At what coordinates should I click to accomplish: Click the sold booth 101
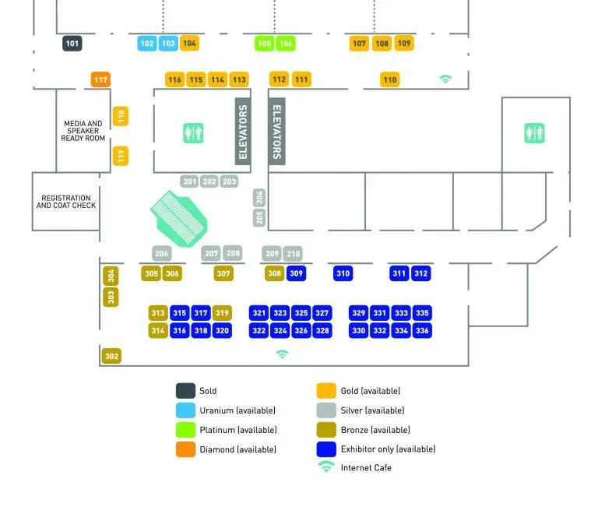coord(72,44)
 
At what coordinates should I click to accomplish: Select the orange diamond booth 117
coord(100,79)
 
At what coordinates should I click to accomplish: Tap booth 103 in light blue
coord(168,44)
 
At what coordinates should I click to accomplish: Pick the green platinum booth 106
coord(286,44)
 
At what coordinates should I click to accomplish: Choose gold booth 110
coord(390,79)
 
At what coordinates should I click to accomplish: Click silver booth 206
coord(161,253)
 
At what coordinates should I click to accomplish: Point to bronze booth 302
coord(111,357)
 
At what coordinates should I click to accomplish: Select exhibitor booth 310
coord(343,273)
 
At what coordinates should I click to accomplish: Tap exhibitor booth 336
coord(422,330)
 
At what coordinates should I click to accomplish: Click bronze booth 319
coord(222,313)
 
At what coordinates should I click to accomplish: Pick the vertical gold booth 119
coord(121,157)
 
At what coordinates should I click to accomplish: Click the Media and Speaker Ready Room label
coord(83,131)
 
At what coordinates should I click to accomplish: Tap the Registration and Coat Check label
coord(66,202)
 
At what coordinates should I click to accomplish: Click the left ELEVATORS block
coord(243,132)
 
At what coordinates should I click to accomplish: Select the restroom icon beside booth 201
coord(193,133)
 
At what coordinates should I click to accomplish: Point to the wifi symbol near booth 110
coord(445,79)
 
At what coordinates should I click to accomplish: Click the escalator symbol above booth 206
coord(180,219)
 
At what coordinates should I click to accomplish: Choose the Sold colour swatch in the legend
coord(185,391)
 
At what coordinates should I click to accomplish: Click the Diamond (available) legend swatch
coord(185,449)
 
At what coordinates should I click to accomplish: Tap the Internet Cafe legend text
coord(366,468)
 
